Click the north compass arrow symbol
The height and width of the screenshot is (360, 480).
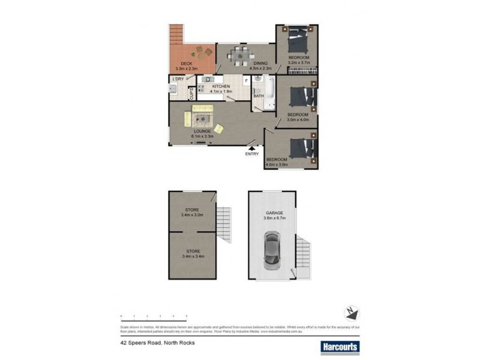(352, 313)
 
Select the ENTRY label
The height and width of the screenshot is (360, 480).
(252, 154)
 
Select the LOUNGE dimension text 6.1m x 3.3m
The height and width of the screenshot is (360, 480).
(202, 136)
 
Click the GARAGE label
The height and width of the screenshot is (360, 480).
(274, 213)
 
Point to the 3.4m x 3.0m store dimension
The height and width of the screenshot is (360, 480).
(193, 215)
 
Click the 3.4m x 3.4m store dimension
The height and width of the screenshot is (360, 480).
(193, 256)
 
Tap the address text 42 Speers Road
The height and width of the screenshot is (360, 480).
(155, 343)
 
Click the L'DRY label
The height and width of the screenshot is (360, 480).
(178, 79)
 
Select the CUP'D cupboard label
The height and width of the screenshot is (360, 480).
(191, 93)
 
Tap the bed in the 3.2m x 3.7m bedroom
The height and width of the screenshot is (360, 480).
(298, 41)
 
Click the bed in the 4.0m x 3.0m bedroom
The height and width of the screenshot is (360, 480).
(301, 148)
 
